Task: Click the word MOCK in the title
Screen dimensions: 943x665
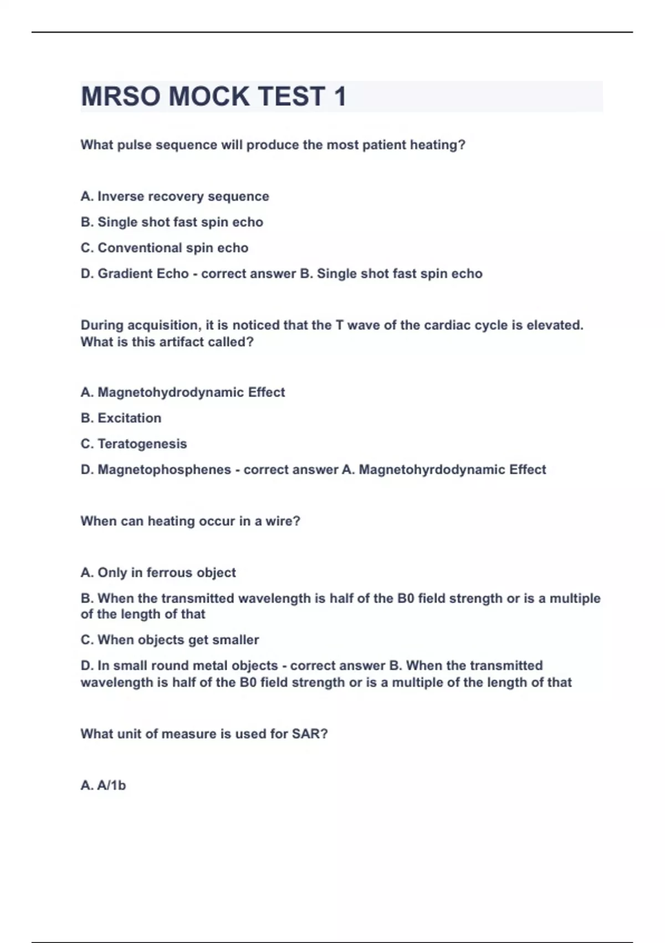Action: click(209, 97)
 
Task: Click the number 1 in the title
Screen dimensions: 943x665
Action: click(340, 97)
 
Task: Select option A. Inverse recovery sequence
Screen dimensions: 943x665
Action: click(175, 196)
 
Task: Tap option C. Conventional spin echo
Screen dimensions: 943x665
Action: click(164, 248)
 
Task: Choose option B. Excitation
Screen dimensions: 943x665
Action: click(121, 418)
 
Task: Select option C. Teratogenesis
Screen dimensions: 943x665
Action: click(134, 444)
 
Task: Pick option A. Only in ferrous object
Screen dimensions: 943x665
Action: click(158, 572)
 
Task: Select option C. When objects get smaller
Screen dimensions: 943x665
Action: click(170, 640)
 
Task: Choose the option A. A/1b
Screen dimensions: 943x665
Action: click(103, 785)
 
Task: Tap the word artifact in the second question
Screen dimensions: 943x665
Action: click(182, 342)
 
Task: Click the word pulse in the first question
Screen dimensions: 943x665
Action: click(134, 145)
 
